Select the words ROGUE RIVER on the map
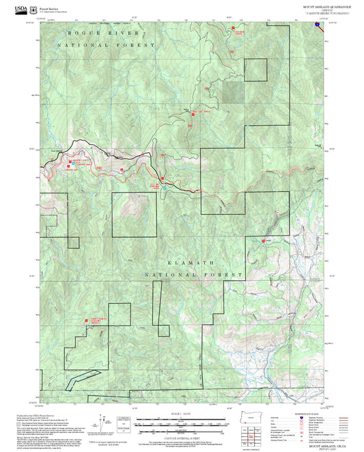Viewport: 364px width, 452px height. pos(99,33)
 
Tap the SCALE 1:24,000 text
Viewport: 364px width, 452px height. pos(181,413)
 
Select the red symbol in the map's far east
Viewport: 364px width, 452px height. pos(264,240)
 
